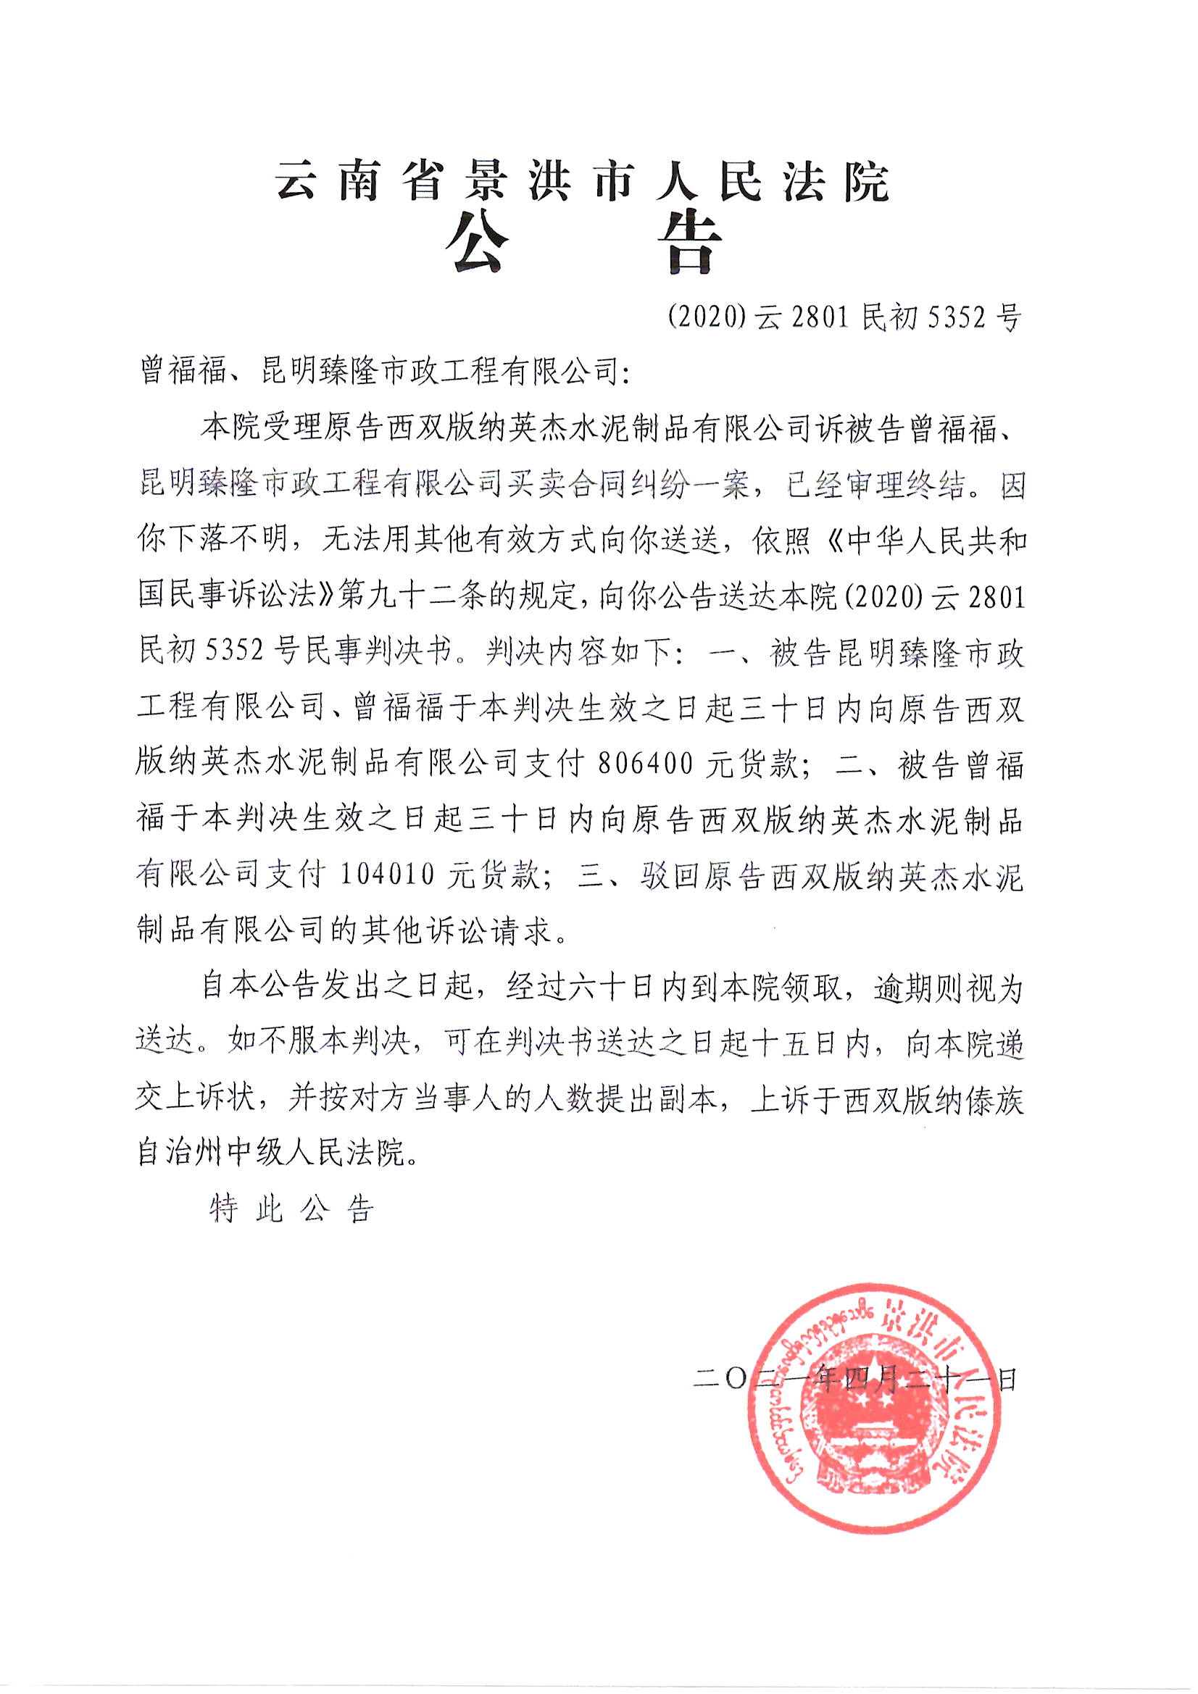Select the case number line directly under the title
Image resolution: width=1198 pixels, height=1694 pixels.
844,318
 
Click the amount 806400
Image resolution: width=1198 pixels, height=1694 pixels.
646,765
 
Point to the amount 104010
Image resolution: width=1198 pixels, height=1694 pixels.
388,875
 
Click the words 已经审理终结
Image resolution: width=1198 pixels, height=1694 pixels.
876,485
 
